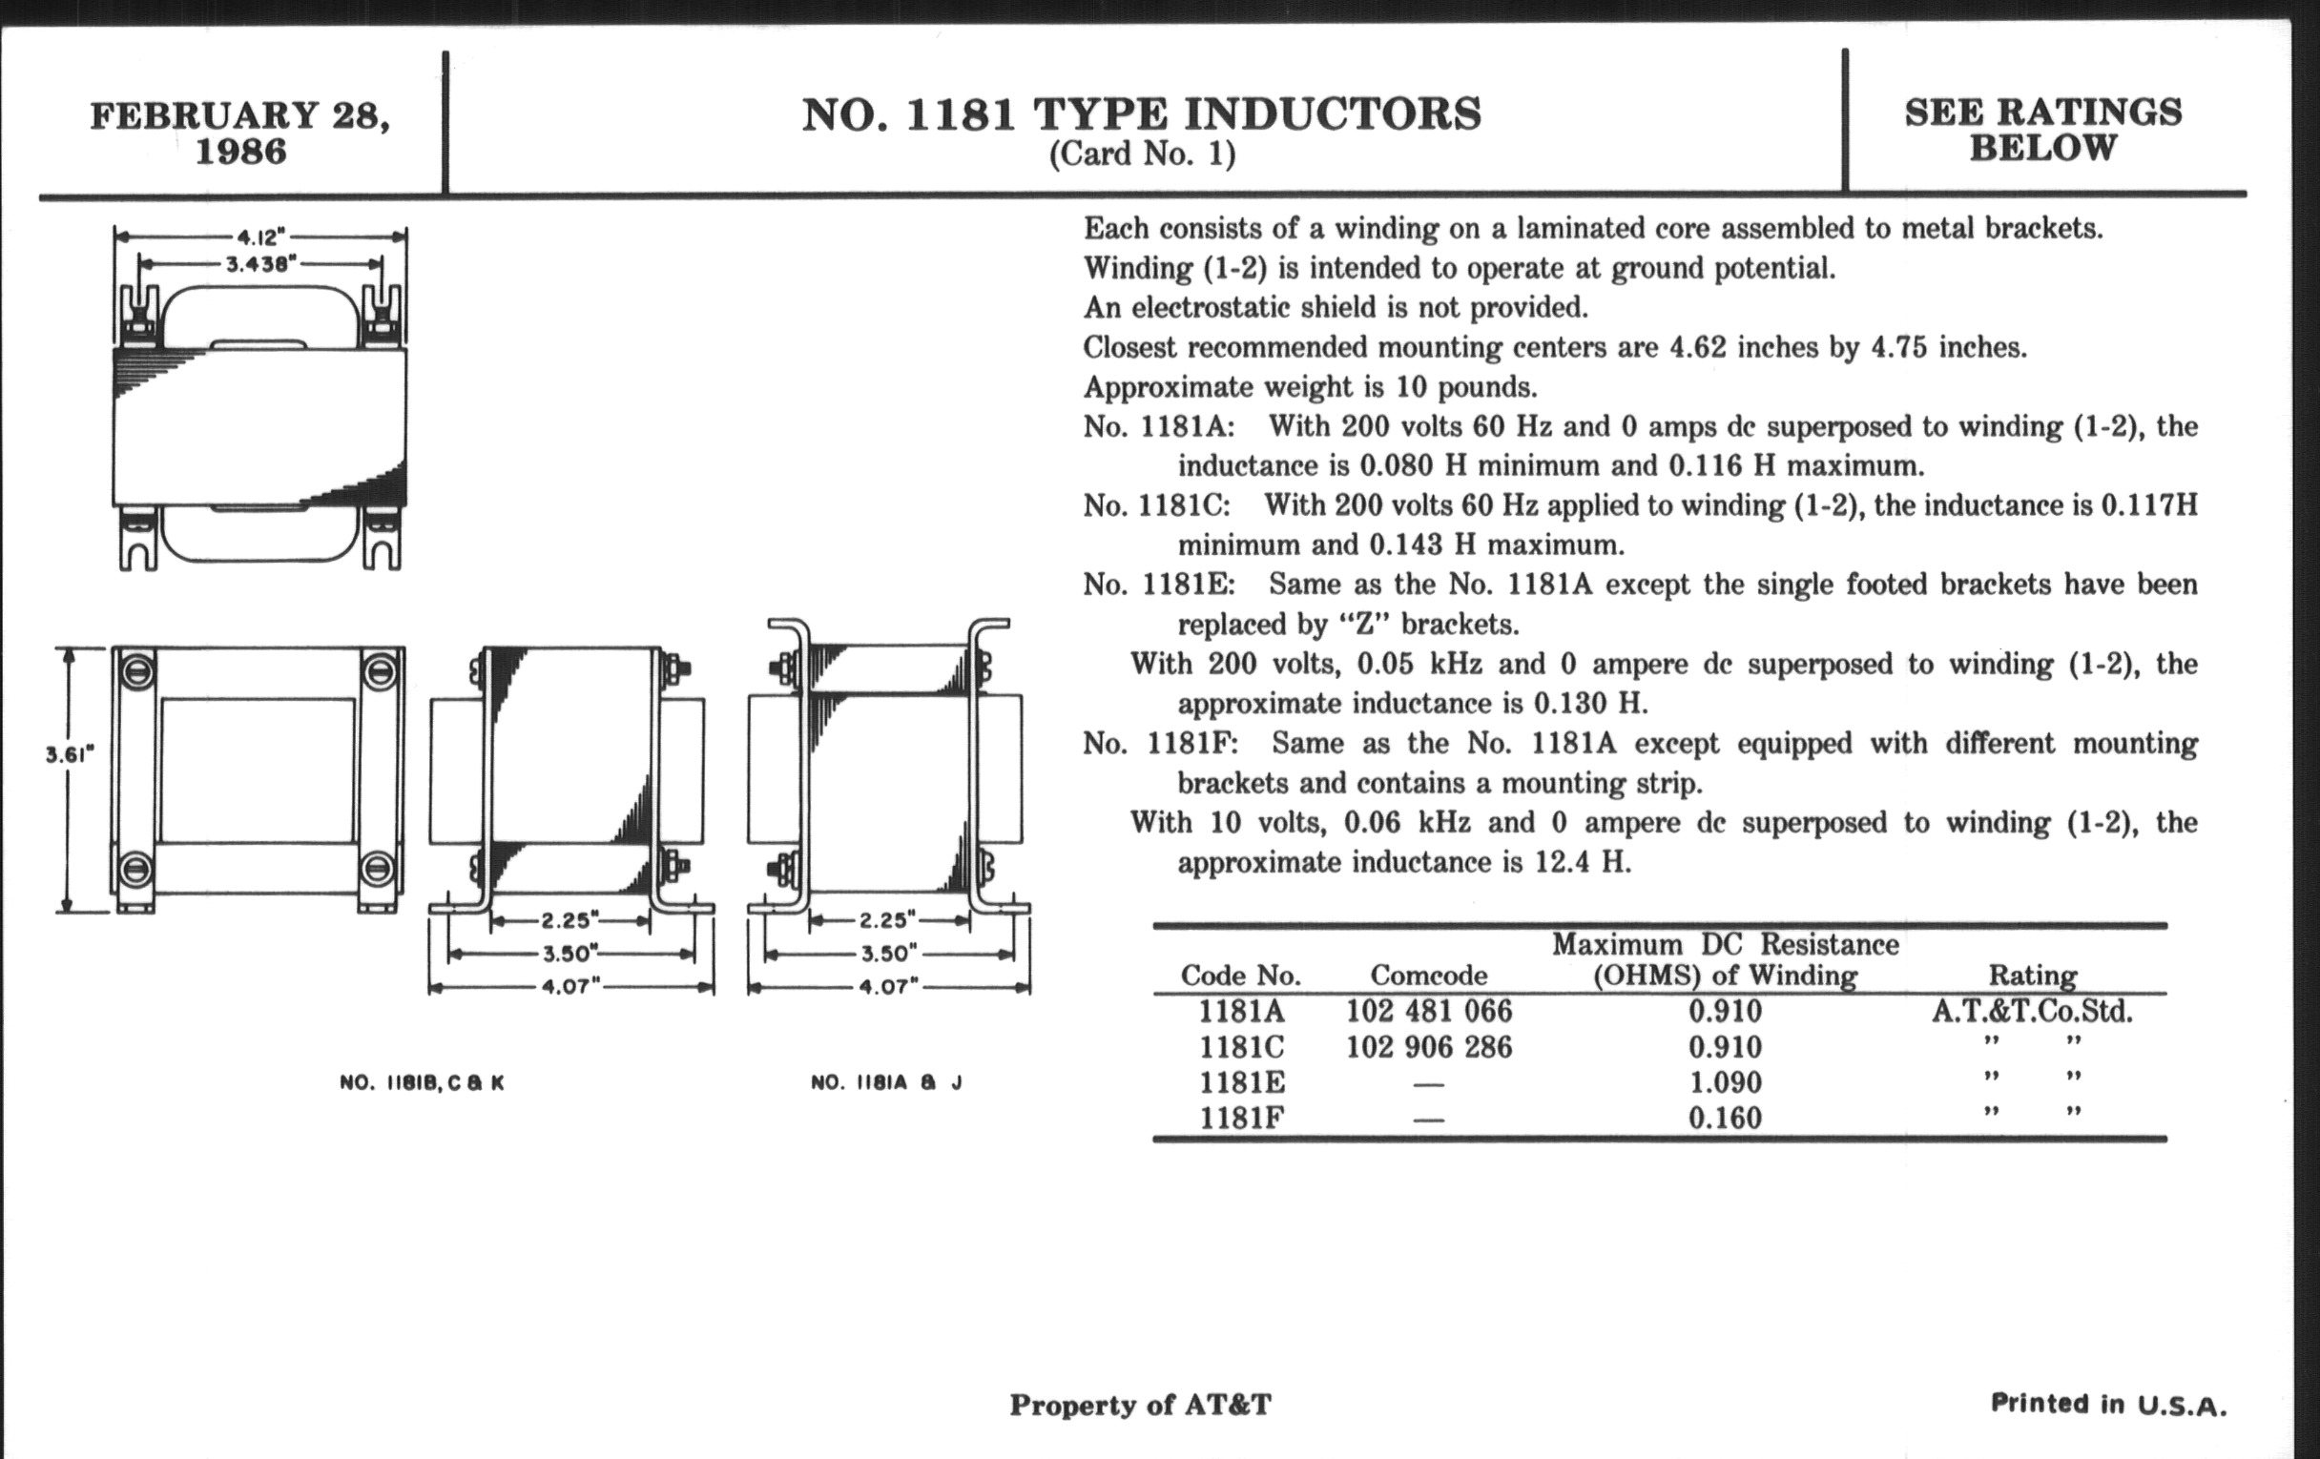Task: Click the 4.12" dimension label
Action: pos(259,236)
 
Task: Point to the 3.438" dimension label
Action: pos(259,264)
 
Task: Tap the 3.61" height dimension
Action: pos(70,755)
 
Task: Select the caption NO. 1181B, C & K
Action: pos(422,1082)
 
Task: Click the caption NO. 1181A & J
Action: pos(886,1082)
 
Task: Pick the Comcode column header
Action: pos(1428,976)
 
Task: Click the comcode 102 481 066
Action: pos(1429,1011)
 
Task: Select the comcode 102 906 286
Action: pos(1429,1047)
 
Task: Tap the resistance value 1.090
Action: pos(1725,1082)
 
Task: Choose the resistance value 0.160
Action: pos(1725,1118)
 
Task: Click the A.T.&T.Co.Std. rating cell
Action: pos(2032,1011)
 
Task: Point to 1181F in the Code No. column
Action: pos(1241,1118)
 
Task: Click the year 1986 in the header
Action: pos(240,153)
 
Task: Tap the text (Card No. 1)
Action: pos(1142,154)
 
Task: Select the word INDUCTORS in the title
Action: pos(1333,114)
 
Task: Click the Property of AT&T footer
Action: pos(1140,1405)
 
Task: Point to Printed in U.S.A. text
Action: pos(2109,1404)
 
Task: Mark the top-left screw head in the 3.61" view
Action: pos(137,669)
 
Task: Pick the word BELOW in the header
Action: pos(2042,149)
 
